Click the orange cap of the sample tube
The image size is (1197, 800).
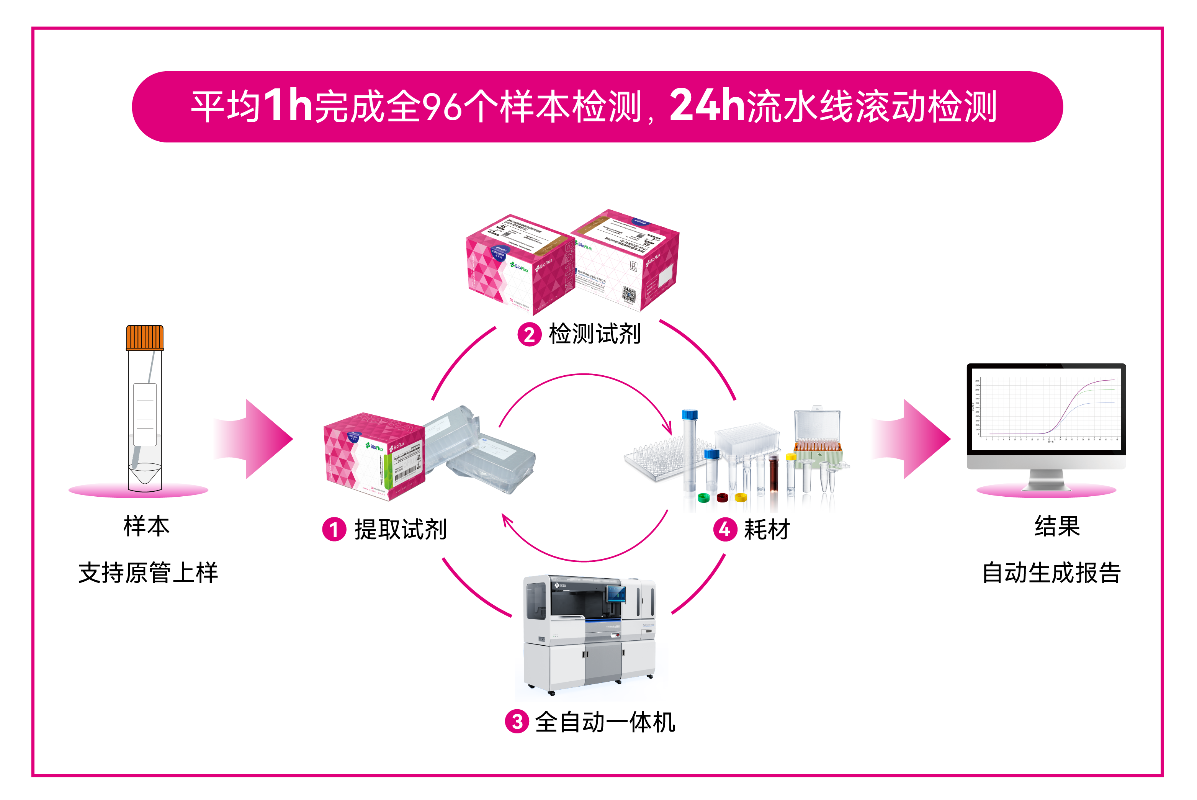coord(144,337)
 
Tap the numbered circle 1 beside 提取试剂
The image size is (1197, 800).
coord(334,529)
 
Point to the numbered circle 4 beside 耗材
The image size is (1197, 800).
coord(725,529)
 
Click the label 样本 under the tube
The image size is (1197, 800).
coord(146,526)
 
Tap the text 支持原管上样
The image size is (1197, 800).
coord(148,573)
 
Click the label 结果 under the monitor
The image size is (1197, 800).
coord(1057,526)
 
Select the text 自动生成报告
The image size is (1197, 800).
coord(1051,573)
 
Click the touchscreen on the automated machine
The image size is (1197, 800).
coord(616,593)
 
